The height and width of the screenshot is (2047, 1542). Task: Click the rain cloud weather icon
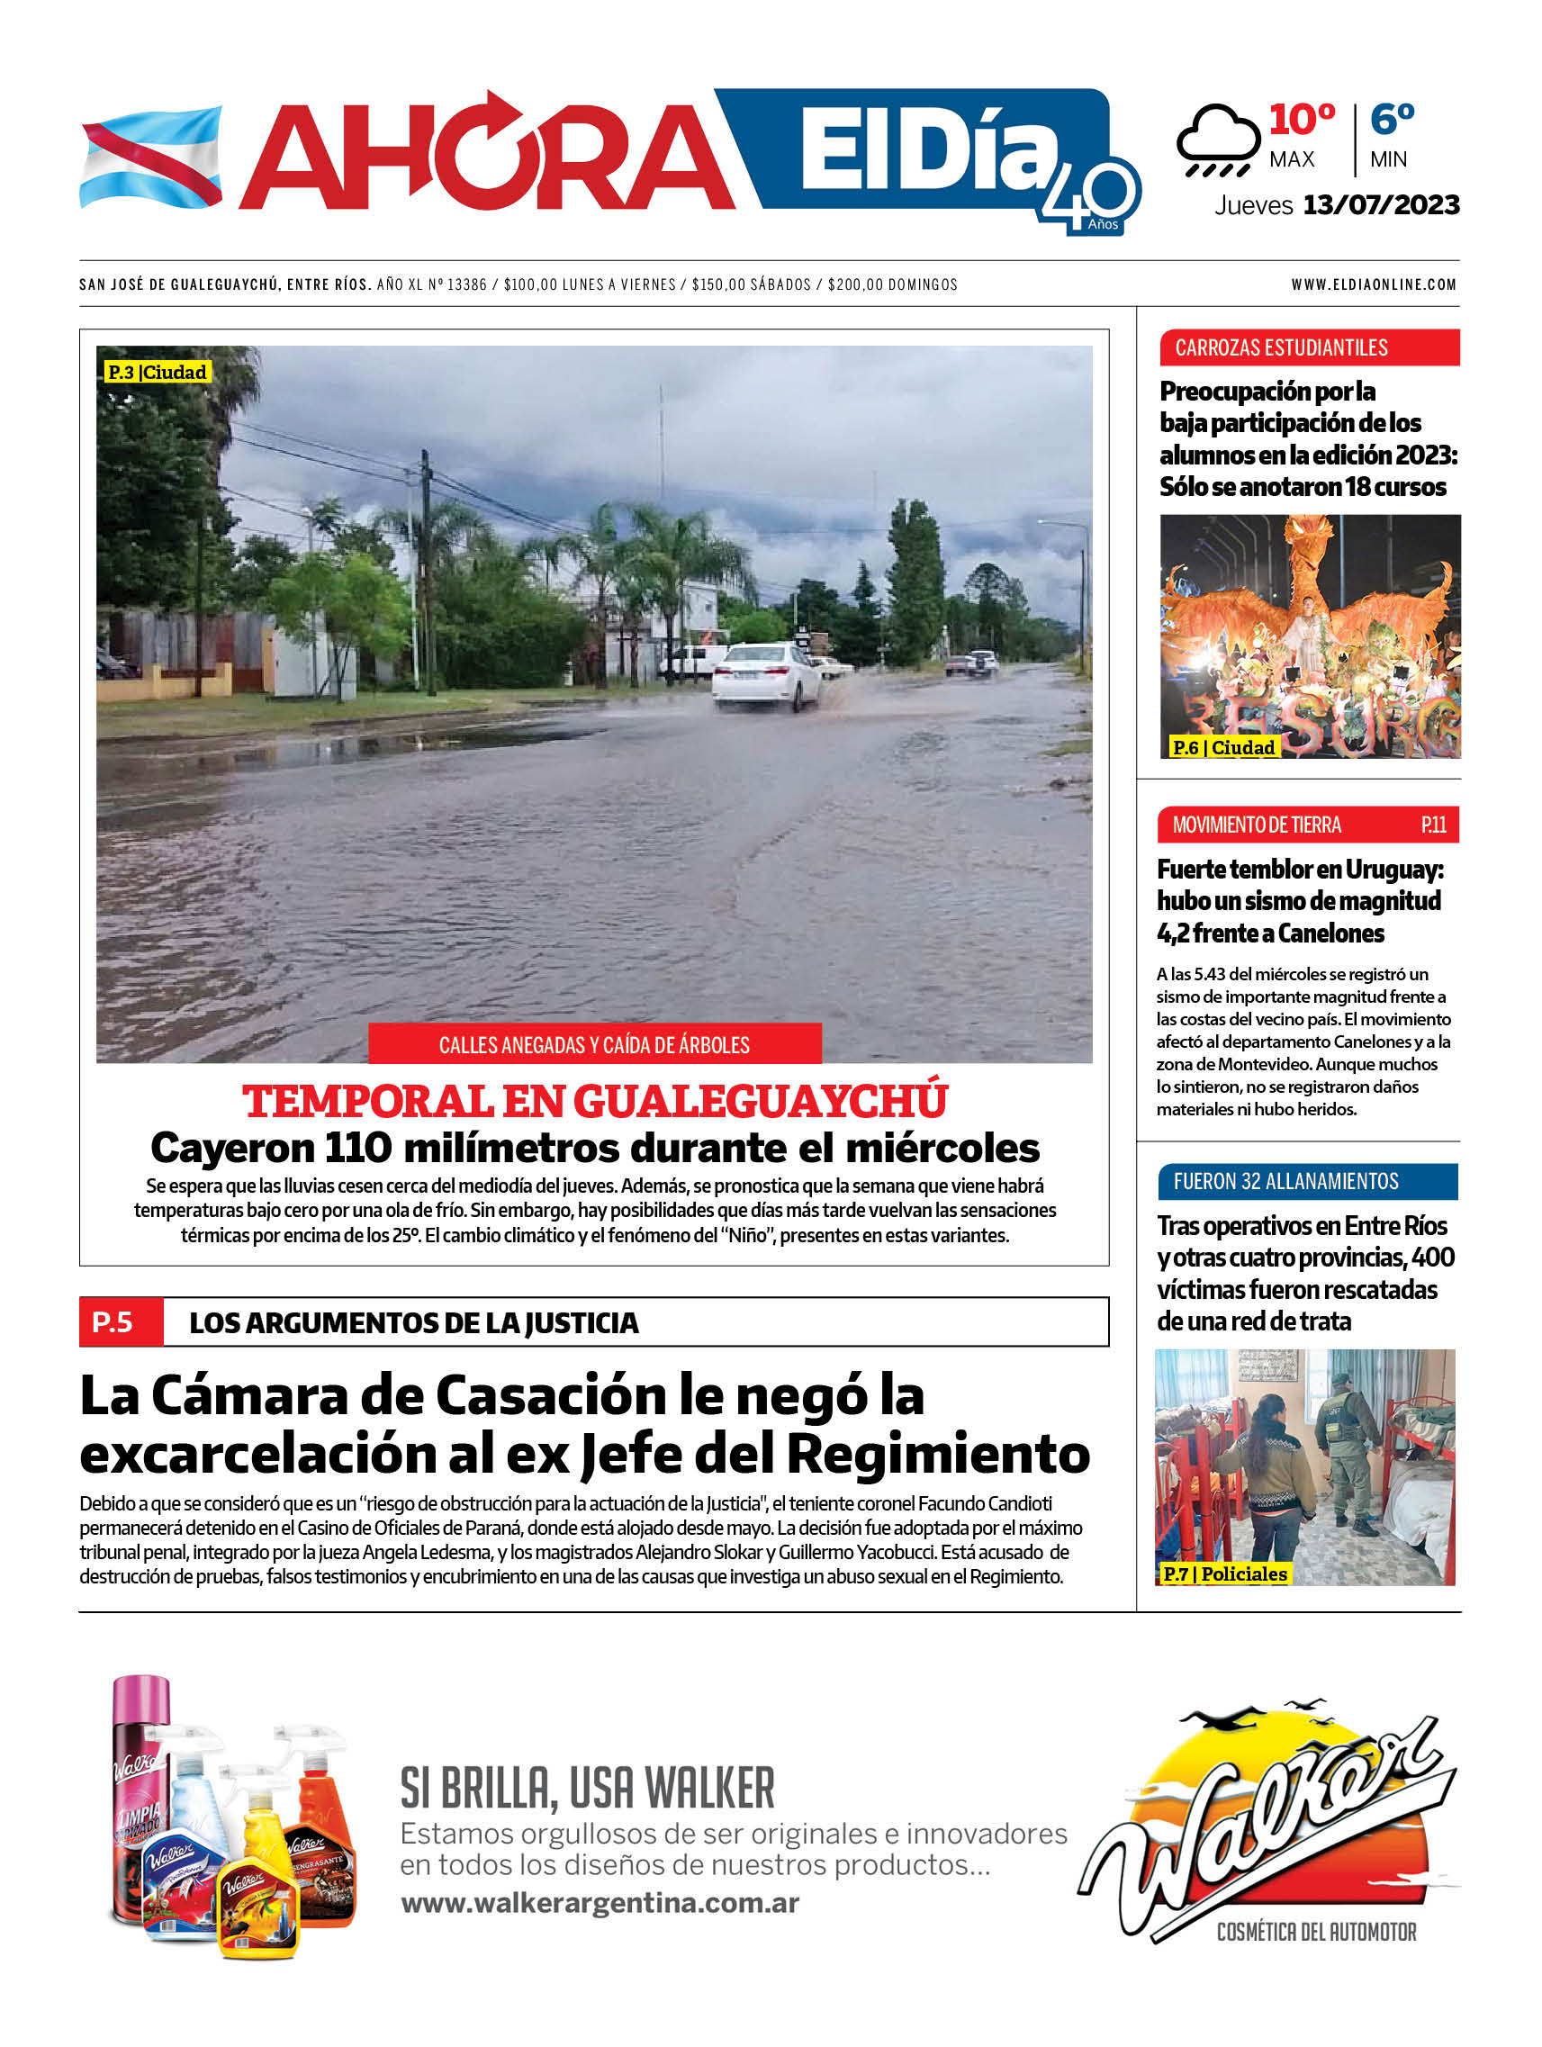point(1218,140)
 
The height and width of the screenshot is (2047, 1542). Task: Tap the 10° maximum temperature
point(1302,121)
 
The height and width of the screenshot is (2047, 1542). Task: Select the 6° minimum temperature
point(1391,121)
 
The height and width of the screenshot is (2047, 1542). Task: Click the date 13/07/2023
point(1380,204)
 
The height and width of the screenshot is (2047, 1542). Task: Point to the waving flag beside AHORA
point(151,157)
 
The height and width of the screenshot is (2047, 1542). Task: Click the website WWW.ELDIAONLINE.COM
point(1374,285)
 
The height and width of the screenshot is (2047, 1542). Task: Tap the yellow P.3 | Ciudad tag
point(158,372)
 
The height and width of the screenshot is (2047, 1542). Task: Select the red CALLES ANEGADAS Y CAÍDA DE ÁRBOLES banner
point(594,1045)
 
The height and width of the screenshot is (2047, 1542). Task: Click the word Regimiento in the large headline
point(938,1454)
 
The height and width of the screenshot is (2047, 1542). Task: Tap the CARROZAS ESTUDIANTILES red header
point(1308,348)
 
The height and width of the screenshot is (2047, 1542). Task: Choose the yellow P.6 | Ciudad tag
point(1222,747)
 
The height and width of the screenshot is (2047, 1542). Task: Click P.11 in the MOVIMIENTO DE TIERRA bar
point(1433,825)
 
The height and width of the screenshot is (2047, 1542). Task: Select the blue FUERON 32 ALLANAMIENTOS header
point(1307,1182)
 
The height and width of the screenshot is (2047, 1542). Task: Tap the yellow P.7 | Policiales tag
point(1224,1574)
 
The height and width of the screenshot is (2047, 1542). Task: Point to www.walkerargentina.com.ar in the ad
point(600,1903)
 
